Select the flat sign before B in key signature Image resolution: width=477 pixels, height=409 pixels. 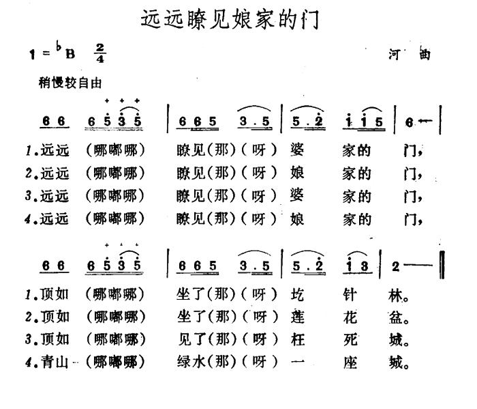click(60, 48)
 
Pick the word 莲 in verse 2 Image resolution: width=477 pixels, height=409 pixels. click(298, 318)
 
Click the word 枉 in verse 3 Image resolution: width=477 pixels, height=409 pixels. click(298, 340)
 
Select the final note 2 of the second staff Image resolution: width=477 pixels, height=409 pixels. click(395, 266)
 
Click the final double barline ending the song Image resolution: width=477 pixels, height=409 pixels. click(442, 266)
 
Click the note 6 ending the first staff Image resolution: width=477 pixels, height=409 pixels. click(408, 122)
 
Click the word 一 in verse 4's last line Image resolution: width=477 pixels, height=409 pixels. click(298, 363)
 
